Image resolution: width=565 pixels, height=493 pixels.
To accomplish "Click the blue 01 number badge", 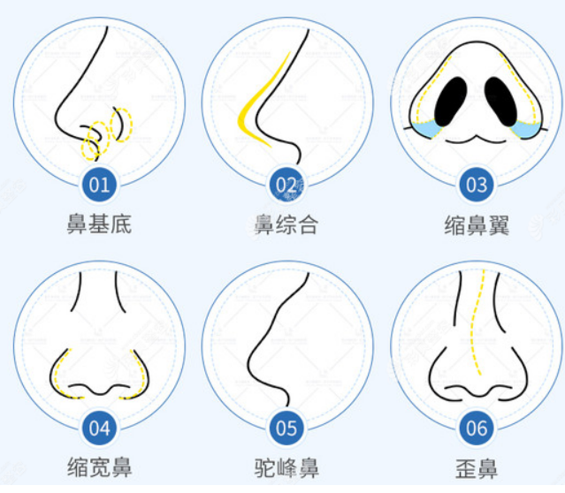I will [99, 185].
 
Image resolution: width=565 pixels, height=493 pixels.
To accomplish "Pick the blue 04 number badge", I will [99, 429].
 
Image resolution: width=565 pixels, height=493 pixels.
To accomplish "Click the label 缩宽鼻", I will [99, 467].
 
